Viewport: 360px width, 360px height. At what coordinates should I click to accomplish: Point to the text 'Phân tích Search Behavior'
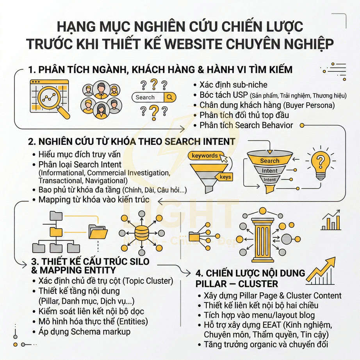(x=246, y=125)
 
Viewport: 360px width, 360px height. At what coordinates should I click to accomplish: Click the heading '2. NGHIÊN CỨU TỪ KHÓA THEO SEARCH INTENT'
(x=132, y=141)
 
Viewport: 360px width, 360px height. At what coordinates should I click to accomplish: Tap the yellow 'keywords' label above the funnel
(x=205, y=156)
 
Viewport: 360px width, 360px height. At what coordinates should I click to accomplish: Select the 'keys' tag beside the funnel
(x=225, y=177)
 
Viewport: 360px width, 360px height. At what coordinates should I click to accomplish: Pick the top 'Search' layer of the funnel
(x=269, y=160)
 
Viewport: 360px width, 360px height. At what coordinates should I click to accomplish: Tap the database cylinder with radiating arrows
(x=141, y=233)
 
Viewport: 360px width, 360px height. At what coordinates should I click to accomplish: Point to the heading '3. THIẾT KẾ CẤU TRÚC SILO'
(x=89, y=261)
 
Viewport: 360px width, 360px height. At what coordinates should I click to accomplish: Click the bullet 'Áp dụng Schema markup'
(x=84, y=332)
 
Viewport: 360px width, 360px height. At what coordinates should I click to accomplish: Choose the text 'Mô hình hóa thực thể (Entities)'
(x=93, y=321)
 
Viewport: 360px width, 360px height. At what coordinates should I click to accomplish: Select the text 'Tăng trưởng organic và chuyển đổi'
(x=266, y=344)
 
